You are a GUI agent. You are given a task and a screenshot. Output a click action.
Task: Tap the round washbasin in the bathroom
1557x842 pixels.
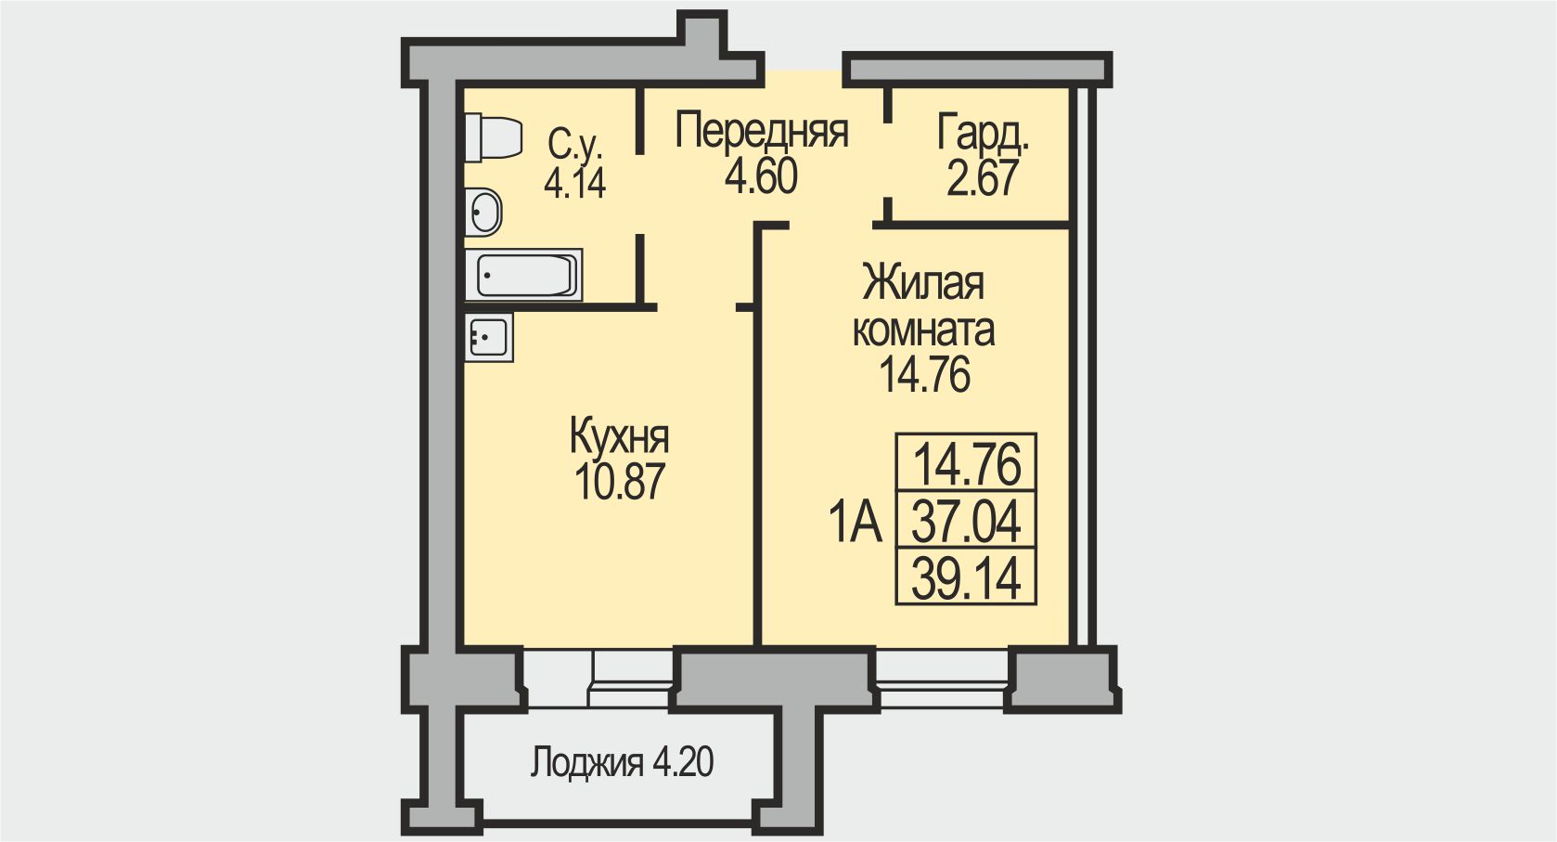(x=483, y=212)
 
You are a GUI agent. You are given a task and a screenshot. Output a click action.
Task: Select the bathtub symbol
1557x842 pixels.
(x=524, y=275)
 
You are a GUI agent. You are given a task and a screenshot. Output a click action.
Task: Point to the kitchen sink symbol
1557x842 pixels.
(x=488, y=336)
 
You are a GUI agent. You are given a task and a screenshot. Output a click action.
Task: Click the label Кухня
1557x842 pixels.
(x=619, y=436)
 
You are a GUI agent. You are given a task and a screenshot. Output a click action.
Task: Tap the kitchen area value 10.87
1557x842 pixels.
(x=619, y=482)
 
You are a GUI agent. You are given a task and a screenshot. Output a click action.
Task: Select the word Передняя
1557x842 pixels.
(x=761, y=131)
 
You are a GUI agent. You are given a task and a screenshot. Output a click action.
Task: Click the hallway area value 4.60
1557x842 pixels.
(x=761, y=176)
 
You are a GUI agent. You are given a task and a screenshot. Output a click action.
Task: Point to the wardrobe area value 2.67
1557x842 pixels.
(x=983, y=178)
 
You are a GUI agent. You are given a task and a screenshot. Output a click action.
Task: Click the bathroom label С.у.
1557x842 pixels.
(x=574, y=144)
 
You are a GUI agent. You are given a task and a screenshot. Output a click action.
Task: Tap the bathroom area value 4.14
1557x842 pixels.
(x=574, y=184)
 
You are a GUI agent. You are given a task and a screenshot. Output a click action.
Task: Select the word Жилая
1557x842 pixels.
(x=923, y=284)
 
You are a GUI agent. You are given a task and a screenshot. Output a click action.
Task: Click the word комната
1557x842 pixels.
(x=923, y=330)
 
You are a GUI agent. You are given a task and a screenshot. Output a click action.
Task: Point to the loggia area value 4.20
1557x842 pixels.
(x=683, y=763)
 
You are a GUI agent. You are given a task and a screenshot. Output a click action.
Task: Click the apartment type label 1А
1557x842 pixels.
(x=855, y=523)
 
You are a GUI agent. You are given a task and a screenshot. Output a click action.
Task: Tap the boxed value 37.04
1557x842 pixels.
(x=966, y=521)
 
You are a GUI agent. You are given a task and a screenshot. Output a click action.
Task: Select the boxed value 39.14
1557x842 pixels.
(x=966, y=578)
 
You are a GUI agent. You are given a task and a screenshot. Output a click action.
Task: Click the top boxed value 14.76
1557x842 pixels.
(x=966, y=463)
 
